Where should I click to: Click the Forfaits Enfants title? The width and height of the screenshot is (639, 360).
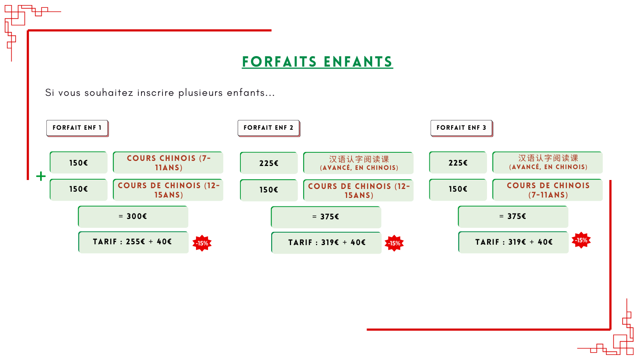317,62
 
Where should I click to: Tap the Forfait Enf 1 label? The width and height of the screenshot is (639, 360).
77,128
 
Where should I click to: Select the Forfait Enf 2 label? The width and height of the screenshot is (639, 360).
269,128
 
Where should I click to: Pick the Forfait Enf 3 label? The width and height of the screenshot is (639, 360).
462,128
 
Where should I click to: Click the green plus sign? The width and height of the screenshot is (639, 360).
41,176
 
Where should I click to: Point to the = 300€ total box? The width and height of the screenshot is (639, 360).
133,217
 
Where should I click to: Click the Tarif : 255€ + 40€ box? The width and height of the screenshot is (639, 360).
133,242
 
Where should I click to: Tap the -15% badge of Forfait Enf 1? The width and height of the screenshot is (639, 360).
202,244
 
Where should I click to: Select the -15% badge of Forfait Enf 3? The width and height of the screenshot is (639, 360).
581,240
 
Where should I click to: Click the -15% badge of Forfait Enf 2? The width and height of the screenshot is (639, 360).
394,244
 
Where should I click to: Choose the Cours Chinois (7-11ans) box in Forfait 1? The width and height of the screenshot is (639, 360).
168,162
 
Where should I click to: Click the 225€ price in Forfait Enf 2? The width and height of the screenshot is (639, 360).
269,163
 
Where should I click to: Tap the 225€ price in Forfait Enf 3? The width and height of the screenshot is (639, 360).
458,162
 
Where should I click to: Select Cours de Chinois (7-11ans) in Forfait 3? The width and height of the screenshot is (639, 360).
547,190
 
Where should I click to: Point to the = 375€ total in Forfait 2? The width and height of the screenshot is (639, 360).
326,217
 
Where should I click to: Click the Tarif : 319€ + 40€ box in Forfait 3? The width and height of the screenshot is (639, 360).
513,242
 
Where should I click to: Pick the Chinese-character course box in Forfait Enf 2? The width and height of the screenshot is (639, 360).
358,163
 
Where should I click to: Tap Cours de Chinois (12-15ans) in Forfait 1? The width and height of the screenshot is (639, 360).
168,190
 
